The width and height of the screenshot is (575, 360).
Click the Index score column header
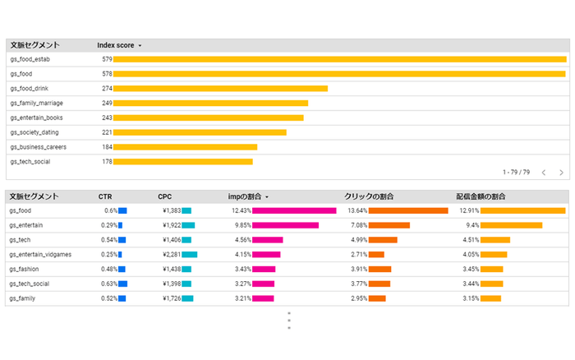[115, 45]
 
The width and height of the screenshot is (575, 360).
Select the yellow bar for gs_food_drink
[220, 89]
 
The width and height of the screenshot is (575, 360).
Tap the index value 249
[107, 104]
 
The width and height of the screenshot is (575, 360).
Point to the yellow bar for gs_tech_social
[182, 162]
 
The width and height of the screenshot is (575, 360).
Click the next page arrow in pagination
[561, 173]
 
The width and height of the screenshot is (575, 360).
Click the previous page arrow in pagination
[543, 173]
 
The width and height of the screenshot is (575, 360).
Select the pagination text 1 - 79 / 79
[516, 173]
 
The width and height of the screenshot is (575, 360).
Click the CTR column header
[105, 196]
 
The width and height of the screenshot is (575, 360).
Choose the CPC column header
[165, 196]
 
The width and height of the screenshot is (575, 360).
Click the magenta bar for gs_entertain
[285, 225]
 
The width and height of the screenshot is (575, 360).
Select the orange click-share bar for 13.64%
[408, 211]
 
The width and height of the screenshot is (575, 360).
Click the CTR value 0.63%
[108, 284]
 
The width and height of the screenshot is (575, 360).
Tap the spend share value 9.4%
[472, 225]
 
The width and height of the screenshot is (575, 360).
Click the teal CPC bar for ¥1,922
[188, 225]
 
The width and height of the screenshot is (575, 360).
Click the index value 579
[107, 60]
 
